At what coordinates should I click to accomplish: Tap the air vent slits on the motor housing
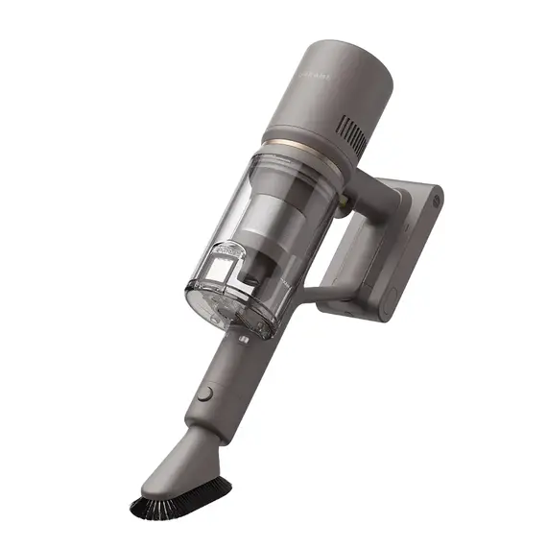353,136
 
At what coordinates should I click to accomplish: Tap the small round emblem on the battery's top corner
434,203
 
